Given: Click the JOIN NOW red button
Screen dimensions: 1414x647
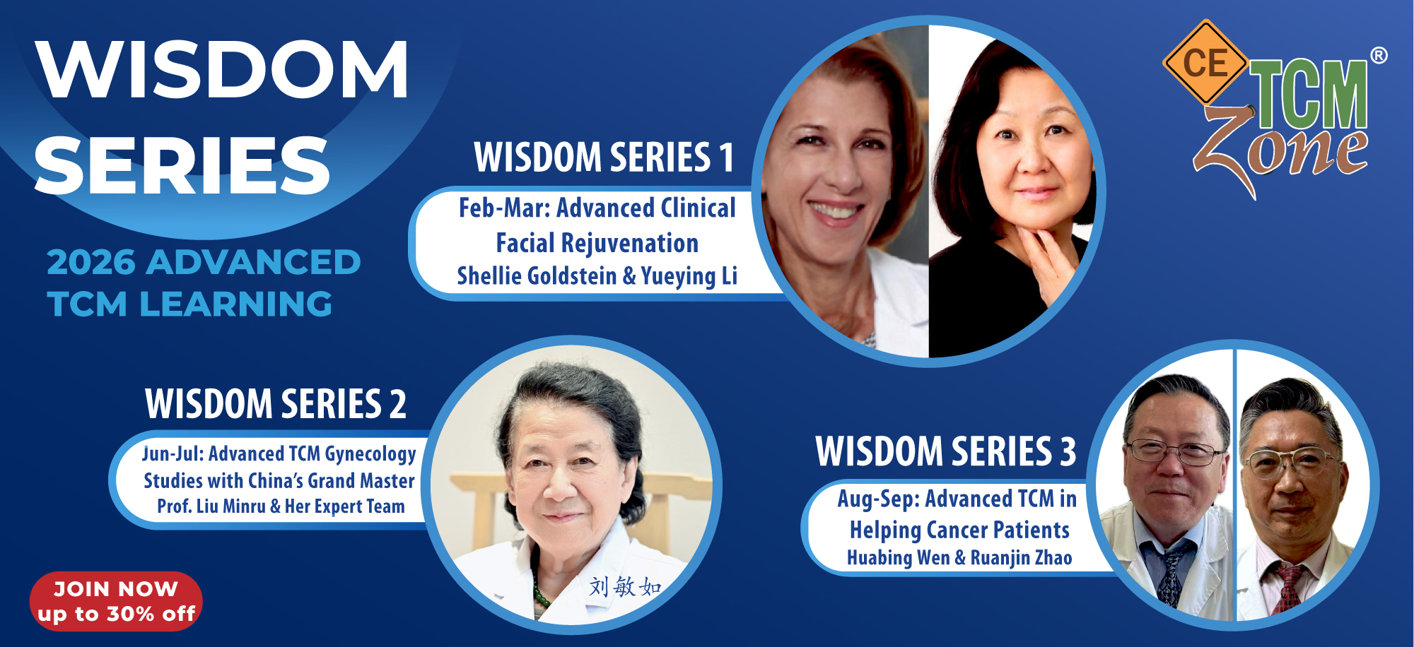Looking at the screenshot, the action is pos(116,601).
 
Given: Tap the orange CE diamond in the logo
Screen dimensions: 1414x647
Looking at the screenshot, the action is pos(1205,62).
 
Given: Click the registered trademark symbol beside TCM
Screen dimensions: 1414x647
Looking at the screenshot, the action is pos(1379,55).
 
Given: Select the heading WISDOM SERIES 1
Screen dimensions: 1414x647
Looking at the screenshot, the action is pos(604,157).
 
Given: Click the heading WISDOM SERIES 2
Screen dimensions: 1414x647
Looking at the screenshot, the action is pos(276,404).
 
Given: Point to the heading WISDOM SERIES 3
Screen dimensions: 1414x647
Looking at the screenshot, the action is pos(946,451).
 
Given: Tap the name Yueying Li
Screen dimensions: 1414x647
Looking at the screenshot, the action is pos(689,276).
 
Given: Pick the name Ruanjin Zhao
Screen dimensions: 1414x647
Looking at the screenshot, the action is pos(1022,558).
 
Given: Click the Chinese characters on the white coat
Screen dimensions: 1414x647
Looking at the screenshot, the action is pos(625,586).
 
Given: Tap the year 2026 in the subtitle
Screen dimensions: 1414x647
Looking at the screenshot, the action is pos(91,262).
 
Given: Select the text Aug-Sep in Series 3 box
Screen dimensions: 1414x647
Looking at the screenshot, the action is pos(879,499).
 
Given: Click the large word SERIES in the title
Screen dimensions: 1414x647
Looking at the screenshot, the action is pos(182,165).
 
